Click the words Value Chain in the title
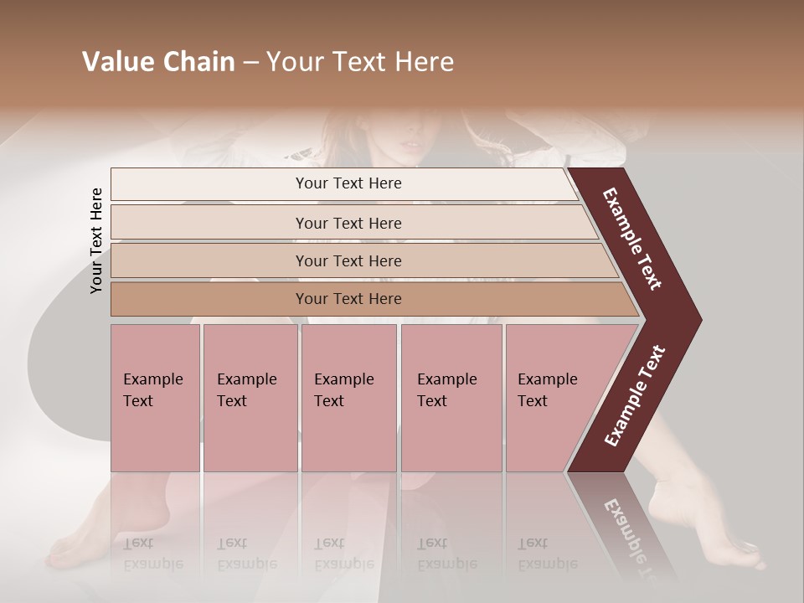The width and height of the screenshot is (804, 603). click(158, 62)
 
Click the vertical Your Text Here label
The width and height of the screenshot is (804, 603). click(96, 240)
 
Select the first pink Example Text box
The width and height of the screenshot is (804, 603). click(155, 398)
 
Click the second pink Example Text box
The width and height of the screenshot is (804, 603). click(250, 398)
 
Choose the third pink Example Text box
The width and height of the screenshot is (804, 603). click(348, 398)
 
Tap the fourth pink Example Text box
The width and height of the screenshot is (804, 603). click(451, 398)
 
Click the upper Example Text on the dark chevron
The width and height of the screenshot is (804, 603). click(632, 239)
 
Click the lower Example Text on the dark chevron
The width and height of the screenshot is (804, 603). click(635, 395)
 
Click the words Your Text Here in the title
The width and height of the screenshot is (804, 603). click(360, 62)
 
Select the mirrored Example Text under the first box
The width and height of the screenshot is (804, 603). click(152, 553)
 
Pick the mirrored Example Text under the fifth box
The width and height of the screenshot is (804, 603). click(547, 553)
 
